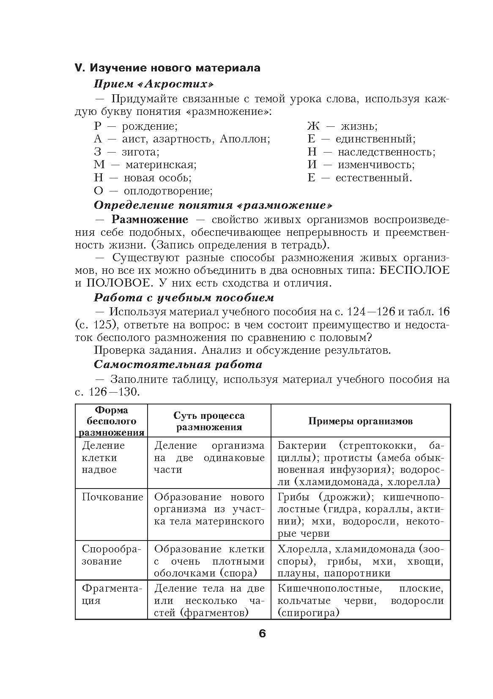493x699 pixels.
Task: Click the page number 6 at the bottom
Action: coord(262,633)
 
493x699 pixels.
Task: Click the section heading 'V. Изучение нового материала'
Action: coord(167,68)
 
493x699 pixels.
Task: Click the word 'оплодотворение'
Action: coord(167,191)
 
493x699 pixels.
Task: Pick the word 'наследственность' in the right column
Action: coord(386,152)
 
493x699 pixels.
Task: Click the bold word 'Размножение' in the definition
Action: coord(150,219)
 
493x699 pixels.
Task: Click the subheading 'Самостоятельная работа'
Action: coord(178,364)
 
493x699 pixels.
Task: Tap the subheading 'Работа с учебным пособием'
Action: coord(184,298)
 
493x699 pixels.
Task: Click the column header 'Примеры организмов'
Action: coord(360,421)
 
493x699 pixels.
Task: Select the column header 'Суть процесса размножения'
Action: coord(209,421)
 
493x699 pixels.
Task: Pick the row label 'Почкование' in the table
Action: coord(112,497)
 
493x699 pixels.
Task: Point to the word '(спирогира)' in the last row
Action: coord(309,612)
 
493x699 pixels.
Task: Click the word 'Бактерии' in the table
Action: coord(302,445)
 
